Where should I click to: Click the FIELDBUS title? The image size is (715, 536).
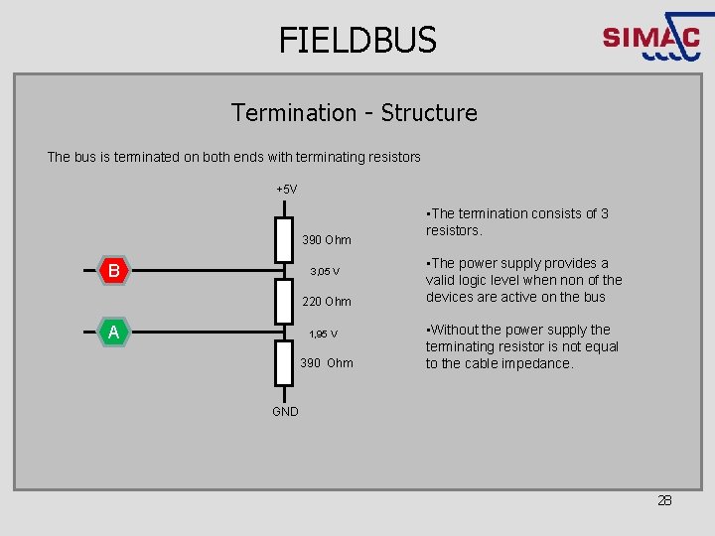click(x=357, y=40)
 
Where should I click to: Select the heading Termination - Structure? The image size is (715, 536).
click(x=355, y=113)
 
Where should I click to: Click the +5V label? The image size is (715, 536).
click(x=286, y=190)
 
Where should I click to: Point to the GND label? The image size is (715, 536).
click(x=285, y=412)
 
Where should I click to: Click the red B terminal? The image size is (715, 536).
click(x=114, y=270)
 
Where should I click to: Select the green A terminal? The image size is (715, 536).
click(x=114, y=333)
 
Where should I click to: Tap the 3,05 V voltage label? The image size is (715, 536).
click(x=325, y=272)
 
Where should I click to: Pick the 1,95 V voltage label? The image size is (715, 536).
click(x=323, y=335)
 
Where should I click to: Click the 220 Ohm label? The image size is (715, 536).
click(x=327, y=302)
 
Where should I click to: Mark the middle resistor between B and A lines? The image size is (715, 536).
click(x=285, y=301)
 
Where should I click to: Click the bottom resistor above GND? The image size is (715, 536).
click(x=285, y=363)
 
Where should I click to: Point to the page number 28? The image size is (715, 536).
click(x=664, y=500)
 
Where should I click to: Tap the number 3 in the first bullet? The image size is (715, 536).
click(x=605, y=213)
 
